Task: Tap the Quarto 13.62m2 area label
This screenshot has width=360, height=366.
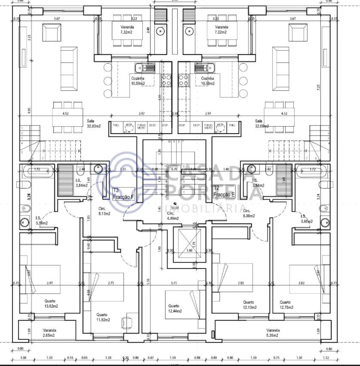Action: pyautogui.click(x=50, y=304)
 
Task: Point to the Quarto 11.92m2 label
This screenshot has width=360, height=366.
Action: pyautogui.click(x=103, y=317)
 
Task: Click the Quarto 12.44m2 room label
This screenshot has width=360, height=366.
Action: pyautogui.click(x=175, y=308)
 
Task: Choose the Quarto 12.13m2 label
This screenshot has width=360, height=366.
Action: pyautogui.click(x=250, y=305)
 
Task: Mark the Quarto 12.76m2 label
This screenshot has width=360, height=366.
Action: pyautogui.click(x=286, y=305)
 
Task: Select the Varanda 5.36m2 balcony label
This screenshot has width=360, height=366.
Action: pyautogui.click(x=273, y=333)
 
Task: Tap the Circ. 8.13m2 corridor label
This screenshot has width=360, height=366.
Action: pyautogui.click(x=106, y=211)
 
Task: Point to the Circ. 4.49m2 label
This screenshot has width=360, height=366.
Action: pyautogui.click(x=172, y=216)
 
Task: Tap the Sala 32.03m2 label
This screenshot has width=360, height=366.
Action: pyautogui.click(x=94, y=123)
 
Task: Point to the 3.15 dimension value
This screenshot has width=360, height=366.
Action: pyautogui.click(x=174, y=283)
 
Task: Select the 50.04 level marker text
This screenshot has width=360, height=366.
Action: pyautogui.click(x=175, y=208)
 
